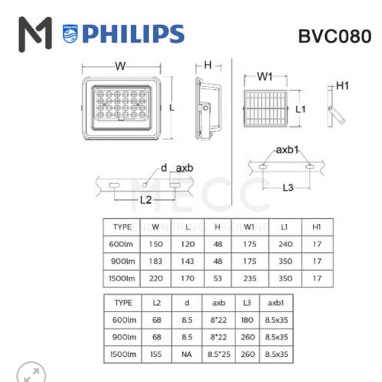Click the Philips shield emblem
(x=70, y=34)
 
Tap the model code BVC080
(x=335, y=36)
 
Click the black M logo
(x=35, y=34)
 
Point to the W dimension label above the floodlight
(x=120, y=66)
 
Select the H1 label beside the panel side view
(x=342, y=86)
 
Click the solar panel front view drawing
(x=266, y=109)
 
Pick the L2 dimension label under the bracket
(x=146, y=200)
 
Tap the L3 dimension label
(x=288, y=188)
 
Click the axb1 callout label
(x=287, y=150)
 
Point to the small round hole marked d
(x=145, y=185)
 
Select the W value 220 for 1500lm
(x=156, y=278)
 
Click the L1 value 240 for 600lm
(x=285, y=244)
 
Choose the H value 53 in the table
(x=218, y=278)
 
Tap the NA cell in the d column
(x=187, y=354)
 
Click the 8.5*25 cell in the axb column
(x=219, y=354)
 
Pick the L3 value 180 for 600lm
(x=247, y=320)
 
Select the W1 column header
(x=250, y=227)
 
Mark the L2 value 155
(x=157, y=354)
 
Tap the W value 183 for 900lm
(x=156, y=262)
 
